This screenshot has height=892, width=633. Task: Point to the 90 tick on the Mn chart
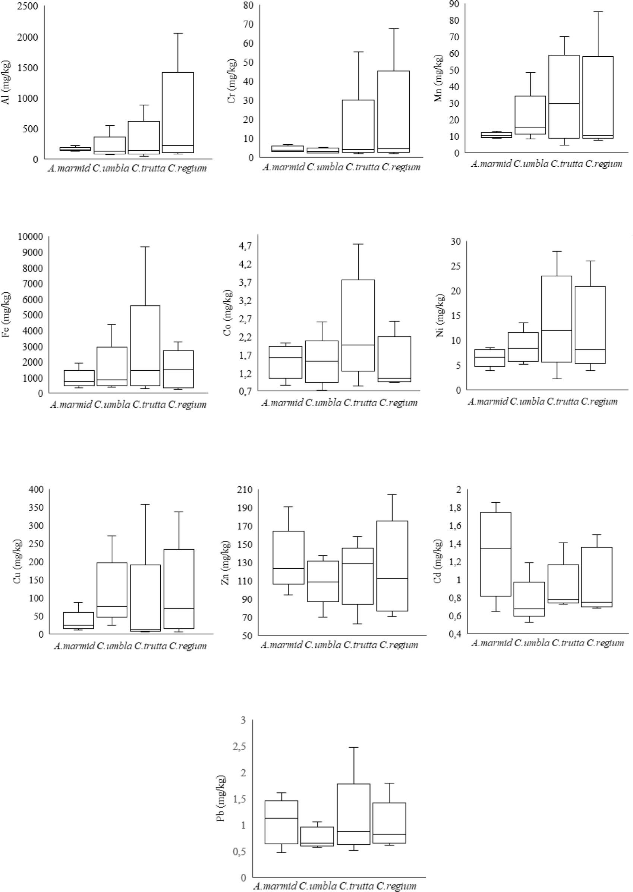tap(453, 4)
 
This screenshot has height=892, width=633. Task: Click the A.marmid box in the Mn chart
tap(496, 135)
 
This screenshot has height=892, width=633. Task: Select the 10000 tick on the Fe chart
tap(31, 236)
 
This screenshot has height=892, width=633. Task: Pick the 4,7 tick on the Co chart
tap(246, 246)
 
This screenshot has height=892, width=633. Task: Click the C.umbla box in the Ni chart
tap(523, 346)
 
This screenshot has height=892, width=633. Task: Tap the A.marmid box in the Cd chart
tap(495, 554)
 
